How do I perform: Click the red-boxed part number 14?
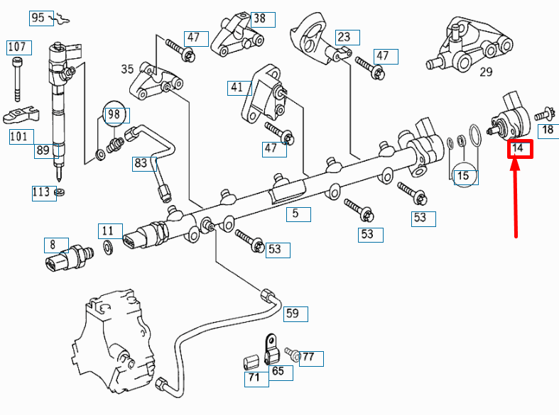coord(519,148)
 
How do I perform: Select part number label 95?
coord(38,17)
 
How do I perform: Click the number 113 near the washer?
coord(41,192)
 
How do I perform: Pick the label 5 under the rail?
coord(296,213)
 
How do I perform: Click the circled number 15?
coord(465,175)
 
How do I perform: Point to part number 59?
coord(293,313)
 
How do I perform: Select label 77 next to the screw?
coord(310,358)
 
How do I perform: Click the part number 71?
coord(254,378)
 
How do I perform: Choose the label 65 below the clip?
coord(278,371)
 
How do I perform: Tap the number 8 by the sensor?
coord(53,246)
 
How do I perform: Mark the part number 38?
coord(259,19)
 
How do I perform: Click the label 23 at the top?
coord(344,37)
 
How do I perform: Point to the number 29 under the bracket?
coord(486,72)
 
